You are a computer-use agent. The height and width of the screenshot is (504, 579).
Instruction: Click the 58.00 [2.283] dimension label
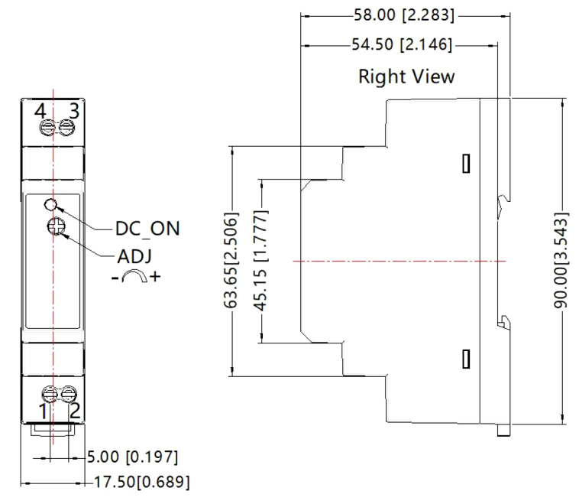point(403,15)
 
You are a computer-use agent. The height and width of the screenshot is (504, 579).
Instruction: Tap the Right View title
point(406,76)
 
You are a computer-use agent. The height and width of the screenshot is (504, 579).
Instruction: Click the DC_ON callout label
point(147,229)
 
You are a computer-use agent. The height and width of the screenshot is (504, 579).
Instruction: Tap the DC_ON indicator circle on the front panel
point(51,204)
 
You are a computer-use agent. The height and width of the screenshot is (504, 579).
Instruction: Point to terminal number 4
point(40,110)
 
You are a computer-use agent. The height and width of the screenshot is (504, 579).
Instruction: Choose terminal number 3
point(74,110)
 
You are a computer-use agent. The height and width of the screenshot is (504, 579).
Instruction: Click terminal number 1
point(44,411)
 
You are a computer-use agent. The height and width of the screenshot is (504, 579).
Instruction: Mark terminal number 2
point(75,411)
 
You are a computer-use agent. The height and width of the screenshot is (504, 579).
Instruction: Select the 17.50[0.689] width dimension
point(142,483)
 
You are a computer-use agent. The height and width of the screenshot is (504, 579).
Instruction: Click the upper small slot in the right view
point(465,163)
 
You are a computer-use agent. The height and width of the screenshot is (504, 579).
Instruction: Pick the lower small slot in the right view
point(465,357)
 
